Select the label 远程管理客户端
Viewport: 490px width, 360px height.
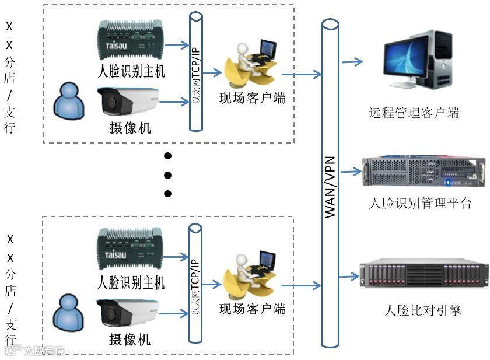click(x=414, y=113)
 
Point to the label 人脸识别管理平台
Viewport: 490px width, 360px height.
click(x=421, y=203)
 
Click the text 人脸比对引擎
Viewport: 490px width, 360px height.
click(x=423, y=310)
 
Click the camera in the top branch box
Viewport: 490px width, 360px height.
click(x=128, y=102)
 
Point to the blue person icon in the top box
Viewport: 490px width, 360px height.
click(x=68, y=100)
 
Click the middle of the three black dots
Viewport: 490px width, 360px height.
click(x=168, y=174)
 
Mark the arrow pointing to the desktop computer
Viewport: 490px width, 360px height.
click(x=351, y=61)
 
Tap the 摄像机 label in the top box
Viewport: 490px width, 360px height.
click(x=129, y=128)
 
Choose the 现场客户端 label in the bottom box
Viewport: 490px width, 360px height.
click(x=252, y=308)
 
